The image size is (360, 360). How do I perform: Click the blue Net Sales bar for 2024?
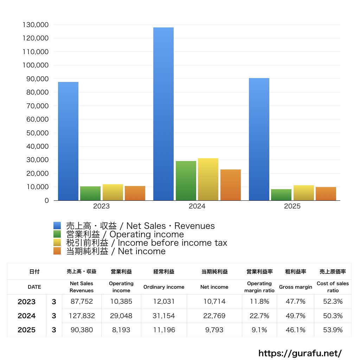coord(163,114)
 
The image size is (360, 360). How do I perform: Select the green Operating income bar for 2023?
coord(90,193)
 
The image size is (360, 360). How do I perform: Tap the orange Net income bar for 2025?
coord(326,194)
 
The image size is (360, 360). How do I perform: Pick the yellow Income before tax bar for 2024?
coord(208,179)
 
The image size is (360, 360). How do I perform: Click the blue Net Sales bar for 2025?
coord(259,139)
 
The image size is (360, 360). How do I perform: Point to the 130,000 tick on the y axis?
coord(35,25)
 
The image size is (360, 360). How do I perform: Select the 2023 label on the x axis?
coord(101,206)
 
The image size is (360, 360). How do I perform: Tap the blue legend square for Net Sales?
coord(57,226)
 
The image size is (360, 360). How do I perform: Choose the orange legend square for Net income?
coord(57,251)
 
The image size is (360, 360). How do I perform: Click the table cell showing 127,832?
coord(82,316)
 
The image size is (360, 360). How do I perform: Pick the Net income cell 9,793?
coord(214,330)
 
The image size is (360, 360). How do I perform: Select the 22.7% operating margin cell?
coord(259,316)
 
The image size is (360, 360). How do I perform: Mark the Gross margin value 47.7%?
coord(296,302)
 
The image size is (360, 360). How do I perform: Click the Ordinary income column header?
coord(164,287)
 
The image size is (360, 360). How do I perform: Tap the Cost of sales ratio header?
coord(333,287)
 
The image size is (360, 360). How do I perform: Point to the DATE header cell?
coord(34,287)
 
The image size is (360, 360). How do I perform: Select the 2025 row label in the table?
coord(27,330)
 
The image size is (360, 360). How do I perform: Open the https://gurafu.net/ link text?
coord(300,353)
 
